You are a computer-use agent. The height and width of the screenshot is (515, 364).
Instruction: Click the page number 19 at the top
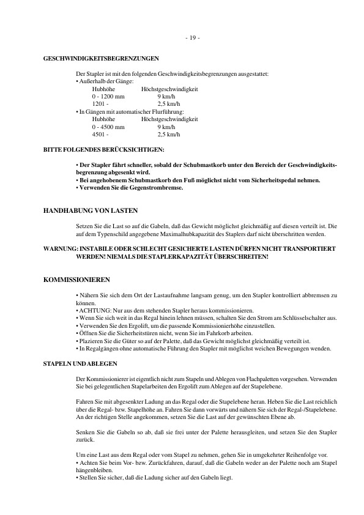pyautogui.click(x=192, y=39)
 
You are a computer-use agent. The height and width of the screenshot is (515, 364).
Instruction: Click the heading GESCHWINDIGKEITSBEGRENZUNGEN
pyautogui.click(x=101, y=59)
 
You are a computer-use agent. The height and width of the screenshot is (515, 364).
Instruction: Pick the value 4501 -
pyautogui.click(x=100, y=134)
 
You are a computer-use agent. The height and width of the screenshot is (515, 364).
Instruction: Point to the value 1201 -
pyautogui.click(x=100, y=104)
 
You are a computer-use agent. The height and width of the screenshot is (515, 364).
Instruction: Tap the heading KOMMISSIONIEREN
pyautogui.click(x=76, y=280)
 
